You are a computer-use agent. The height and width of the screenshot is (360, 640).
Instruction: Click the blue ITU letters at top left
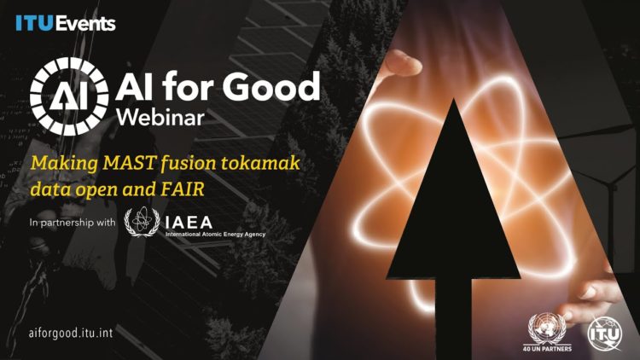click(35, 23)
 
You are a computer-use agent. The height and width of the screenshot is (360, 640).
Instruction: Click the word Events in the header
click(85, 24)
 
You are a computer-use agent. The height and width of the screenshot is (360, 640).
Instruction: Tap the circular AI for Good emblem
click(69, 96)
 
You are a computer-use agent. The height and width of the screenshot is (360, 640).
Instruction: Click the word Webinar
click(160, 117)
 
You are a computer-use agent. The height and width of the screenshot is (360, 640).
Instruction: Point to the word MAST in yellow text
click(129, 162)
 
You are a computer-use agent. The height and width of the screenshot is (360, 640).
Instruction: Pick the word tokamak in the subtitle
click(260, 162)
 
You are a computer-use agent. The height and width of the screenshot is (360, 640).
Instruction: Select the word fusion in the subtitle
click(189, 162)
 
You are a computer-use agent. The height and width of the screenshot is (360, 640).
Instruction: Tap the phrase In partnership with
click(73, 223)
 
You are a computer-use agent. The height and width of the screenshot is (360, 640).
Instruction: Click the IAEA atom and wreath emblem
click(142, 222)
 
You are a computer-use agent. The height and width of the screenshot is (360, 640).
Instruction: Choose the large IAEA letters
click(189, 223)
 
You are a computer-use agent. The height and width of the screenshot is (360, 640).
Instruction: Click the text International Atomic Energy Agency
click(216, 235)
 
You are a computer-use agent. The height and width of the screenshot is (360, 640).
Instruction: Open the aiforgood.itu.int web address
click(71, 333)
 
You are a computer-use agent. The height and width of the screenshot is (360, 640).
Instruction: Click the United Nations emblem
click(547, 328)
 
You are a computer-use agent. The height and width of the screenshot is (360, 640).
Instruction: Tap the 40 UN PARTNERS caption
click(547, 349)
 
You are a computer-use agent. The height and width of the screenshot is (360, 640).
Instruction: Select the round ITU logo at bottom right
click(605, 334)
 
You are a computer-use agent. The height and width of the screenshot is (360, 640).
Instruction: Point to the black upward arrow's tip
click(453, 99)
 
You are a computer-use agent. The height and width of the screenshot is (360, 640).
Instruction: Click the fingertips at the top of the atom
click(402, 62)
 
